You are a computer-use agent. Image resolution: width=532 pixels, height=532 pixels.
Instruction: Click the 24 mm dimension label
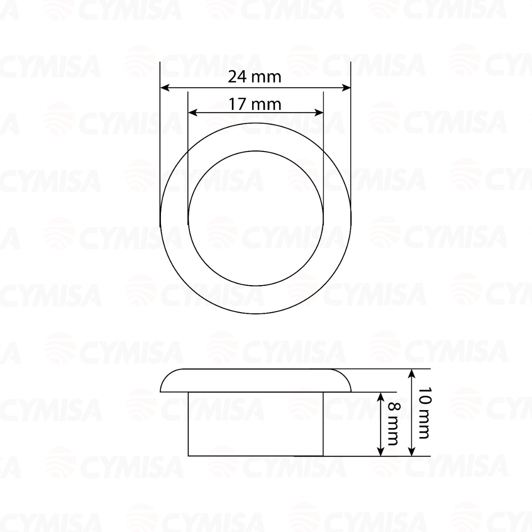[x=254, y=77]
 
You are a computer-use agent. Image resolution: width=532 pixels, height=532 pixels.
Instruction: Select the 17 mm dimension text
[x=255, y=105]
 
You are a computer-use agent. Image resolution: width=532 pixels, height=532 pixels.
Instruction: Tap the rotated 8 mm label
[x=392, y=424]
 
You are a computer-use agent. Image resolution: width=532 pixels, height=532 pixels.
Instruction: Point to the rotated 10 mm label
[x=424, y=412]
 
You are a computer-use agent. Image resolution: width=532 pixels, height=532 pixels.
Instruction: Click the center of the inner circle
[x=256, y=219]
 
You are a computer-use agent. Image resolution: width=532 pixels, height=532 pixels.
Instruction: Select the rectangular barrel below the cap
[x=256, y=424]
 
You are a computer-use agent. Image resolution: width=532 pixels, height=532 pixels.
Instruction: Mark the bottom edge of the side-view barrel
[x=256, y=455]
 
